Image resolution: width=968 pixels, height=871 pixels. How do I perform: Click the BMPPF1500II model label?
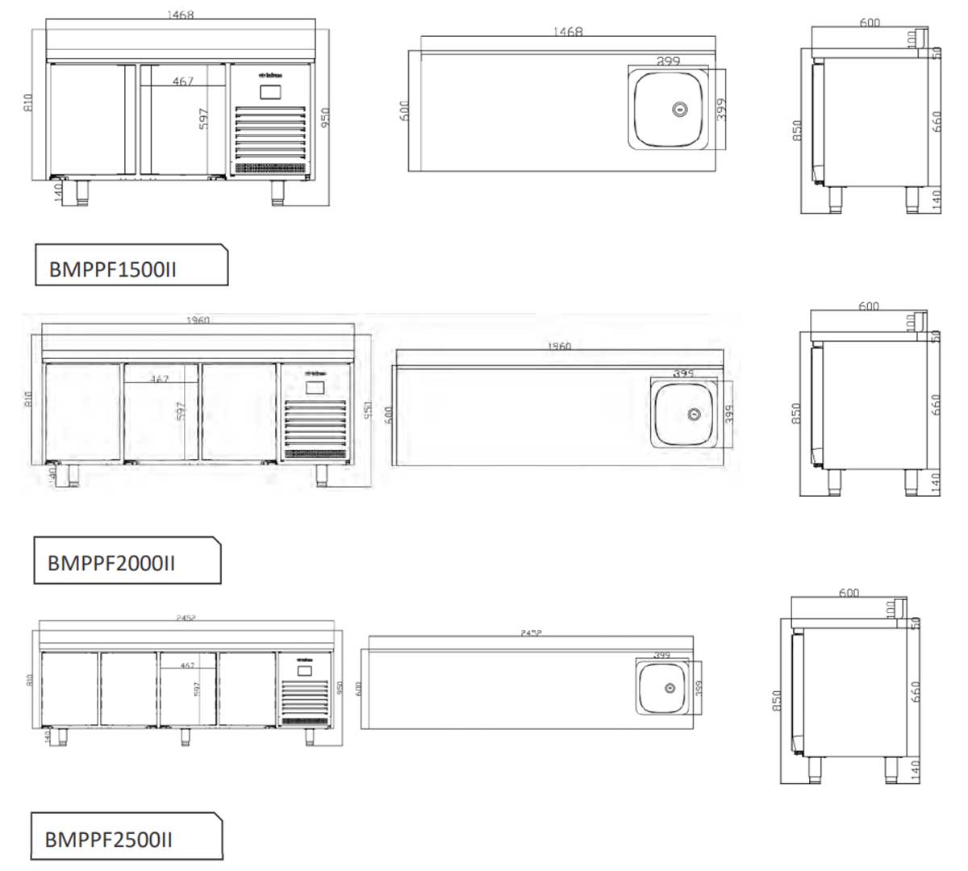113,269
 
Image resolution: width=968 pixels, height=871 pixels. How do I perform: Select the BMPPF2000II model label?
111,562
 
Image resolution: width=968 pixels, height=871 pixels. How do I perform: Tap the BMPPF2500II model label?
109,840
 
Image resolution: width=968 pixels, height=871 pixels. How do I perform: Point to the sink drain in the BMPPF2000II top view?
693,414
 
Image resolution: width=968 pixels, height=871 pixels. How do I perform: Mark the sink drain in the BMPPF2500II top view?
669,688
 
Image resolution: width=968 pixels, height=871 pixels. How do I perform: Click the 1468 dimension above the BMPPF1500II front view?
180,15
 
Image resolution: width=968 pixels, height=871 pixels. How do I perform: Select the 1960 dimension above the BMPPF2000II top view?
558,346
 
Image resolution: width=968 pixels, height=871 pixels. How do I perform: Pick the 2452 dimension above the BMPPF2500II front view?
186,618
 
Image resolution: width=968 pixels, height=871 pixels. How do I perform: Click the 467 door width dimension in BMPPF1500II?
183,81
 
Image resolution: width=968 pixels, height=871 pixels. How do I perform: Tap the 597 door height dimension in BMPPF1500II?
203,119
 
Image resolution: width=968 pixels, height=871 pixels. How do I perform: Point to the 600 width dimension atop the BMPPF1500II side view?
870,23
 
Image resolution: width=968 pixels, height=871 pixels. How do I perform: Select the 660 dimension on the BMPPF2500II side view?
915,692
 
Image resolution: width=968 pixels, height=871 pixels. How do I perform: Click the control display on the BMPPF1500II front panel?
270,91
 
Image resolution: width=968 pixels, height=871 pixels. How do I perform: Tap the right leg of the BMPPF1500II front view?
277,190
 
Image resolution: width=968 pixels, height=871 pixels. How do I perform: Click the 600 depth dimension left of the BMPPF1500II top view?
405,110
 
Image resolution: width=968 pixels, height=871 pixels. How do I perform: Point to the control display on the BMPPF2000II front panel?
315,387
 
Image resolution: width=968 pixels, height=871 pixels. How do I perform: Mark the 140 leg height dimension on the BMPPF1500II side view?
937,198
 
